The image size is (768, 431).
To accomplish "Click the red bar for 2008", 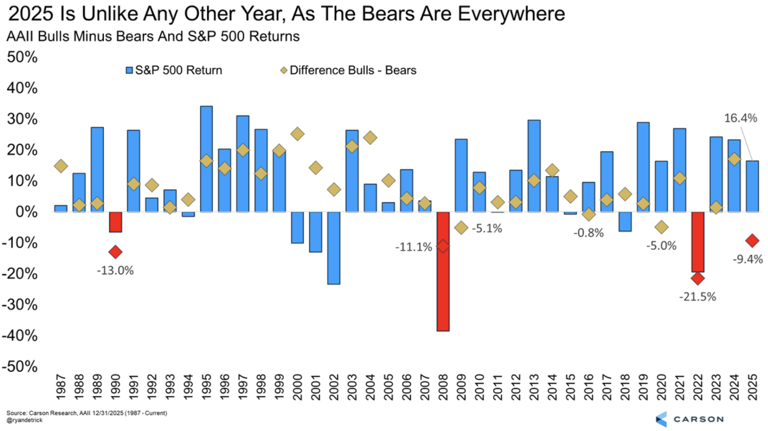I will pyautogui.click(x=443, y=272).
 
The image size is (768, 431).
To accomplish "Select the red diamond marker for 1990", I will pyautogui.click(x=115, y=252).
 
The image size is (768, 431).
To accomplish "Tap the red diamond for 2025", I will pyautogui.click(x=752, y=241).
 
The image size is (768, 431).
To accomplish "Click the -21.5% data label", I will pyautogui.click(x=697, y=297).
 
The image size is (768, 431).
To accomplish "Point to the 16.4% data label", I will pyautogui.click(x=740, y=118).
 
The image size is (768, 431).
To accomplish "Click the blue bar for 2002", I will pyautogui.click(x=334, y=248).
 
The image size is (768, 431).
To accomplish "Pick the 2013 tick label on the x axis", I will pyautogui.click(x=534, y=387).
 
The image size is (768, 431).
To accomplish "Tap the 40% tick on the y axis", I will pyautogui.click(x=22, y=88).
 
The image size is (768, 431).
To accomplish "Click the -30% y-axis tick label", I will pyautogui.click(x=20, y=305).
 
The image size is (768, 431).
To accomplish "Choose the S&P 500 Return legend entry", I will pyautogui.click(x=174, y=70).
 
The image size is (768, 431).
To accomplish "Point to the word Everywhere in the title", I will pyautogui.click(x=511, y=14).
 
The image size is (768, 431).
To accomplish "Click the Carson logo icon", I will pyautogui.click(x=662, y=419).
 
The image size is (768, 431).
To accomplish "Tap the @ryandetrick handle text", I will pyautogui.click(x=24, y=420).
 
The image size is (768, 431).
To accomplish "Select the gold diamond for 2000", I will pyautogui.click(x=297, y=134).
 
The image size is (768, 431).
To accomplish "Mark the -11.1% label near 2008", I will pyautogui.click(x=414, y=247).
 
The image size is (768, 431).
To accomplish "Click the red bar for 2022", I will pyautogui.click(x=698, y=242).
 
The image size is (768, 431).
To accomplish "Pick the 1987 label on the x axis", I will pyautogui.click(x=61, y=387).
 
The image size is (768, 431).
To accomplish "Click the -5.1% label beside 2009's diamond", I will pyautogui.click(x=486, y=228).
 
